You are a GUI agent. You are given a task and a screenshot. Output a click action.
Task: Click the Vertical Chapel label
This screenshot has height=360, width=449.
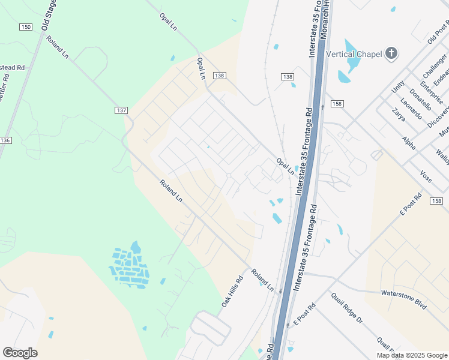pos(354,54)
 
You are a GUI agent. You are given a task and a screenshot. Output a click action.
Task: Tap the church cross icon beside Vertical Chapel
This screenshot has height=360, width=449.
pos(391,54)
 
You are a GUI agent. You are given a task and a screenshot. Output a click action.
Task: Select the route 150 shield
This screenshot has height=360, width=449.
pos(25,27)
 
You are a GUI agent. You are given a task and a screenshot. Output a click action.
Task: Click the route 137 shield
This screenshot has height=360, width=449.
pos(122,110)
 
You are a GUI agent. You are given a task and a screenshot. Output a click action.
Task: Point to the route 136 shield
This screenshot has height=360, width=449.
pos(5,140)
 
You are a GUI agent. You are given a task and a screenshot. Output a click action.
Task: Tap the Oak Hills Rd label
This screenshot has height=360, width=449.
pos(231,292)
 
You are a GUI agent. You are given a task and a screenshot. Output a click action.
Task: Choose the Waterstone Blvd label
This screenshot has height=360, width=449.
pos(403,299)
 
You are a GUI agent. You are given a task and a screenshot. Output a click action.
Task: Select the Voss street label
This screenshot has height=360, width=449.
pos(426,176)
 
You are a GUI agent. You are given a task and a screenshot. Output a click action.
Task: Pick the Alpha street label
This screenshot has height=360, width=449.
pos(409,142)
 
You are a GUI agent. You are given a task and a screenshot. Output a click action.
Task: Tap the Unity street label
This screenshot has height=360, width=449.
pos(398,88)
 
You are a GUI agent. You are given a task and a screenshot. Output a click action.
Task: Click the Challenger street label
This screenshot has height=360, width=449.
pos(435,66)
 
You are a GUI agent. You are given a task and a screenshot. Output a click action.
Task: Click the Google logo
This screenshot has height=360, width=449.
pos(20,353)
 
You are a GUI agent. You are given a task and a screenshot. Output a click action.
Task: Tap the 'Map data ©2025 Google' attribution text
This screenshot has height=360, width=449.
pos(411,355)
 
